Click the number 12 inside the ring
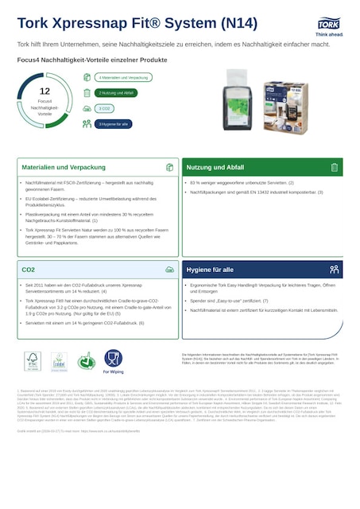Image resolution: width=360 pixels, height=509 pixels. coord(45,91)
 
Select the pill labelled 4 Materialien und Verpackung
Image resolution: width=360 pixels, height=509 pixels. coord(122,77)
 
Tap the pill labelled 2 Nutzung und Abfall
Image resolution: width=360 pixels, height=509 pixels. coord(116,93)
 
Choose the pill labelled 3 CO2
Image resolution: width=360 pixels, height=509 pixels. coord(103,108)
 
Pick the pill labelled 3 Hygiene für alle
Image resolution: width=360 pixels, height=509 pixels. coord(112,124)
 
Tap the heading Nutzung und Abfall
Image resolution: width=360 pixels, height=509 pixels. coord(215,168)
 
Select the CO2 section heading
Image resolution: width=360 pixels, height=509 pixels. coord(29,270)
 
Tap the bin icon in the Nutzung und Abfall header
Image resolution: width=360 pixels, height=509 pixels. coord(334,168)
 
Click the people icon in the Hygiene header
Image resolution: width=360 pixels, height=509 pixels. coord(334,270)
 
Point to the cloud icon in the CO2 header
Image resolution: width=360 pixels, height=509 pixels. coord(169,270)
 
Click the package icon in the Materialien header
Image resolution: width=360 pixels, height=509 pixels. coord(169,168)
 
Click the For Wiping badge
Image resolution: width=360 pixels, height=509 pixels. coord(113,362)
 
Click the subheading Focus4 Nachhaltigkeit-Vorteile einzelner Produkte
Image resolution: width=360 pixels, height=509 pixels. coord(92,60)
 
